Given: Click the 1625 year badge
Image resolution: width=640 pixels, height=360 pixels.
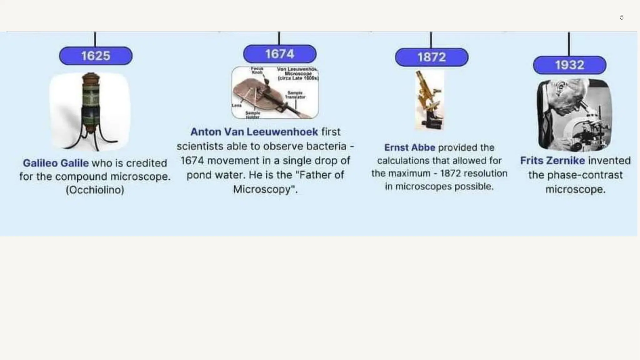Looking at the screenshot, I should pos(96,56).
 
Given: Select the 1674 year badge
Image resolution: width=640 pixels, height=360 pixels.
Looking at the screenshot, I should pos(280,54).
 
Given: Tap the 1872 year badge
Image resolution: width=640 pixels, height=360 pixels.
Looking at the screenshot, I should pos(432,57).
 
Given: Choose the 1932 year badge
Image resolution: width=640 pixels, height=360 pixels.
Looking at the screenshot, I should pos(569,65).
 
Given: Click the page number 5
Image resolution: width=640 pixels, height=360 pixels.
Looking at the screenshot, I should pos(622,17).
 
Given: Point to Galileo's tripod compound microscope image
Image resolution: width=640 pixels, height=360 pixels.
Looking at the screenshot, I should pos(91,112).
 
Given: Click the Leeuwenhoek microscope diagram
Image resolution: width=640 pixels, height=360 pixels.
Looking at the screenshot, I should pos(275,92).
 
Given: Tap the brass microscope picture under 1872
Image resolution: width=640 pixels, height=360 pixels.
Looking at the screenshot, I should pos(429,100).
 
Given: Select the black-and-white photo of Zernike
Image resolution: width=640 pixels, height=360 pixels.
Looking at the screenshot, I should pos(574,115).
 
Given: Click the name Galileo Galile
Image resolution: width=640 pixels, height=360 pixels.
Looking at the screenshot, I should pos(56,163).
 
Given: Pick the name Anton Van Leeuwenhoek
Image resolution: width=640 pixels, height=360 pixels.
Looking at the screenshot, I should pos(254,132).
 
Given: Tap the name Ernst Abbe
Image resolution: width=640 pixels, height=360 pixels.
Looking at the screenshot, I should pos(409,147).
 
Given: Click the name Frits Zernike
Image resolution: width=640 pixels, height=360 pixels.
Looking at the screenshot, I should pos(552,161).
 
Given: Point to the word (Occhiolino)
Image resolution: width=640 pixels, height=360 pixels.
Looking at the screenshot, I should pos(95,190).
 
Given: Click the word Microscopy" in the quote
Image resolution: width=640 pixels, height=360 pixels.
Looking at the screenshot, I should pos(265,189).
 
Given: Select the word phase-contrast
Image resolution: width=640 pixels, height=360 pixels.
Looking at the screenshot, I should pos(575,175).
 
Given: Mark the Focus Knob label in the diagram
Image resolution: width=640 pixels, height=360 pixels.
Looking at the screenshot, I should pos(257,70).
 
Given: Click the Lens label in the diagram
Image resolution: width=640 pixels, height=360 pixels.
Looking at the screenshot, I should pos(237,105).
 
